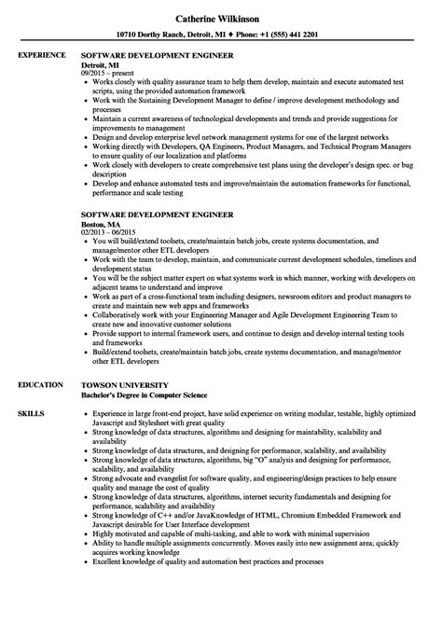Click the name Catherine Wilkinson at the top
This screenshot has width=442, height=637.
(x=221, y=16)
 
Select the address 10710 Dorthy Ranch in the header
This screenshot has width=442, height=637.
(x=160, y=35)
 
